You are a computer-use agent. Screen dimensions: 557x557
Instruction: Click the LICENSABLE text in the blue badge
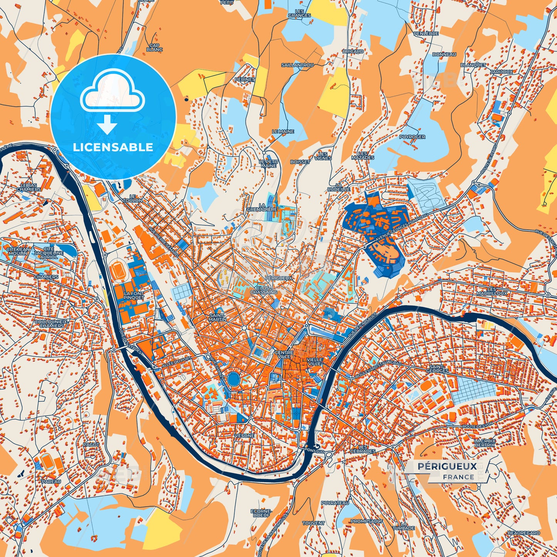pos(113,147)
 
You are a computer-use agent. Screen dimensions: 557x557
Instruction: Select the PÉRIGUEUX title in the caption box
pos(447,466)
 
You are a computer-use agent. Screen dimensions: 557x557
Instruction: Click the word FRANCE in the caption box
pos(458,477)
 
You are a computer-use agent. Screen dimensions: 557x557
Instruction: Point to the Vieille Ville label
pos(314,362)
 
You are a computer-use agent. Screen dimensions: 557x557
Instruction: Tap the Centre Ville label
pos(283,354)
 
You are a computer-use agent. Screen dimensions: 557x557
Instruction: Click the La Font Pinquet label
pos(133,296)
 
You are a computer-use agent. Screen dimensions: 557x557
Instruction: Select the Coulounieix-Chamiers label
pos(52,323)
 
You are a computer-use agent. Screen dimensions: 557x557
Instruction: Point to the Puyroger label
pos(412,137)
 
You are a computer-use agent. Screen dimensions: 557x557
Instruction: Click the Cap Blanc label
pos(155,47)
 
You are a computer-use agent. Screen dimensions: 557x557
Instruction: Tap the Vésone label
pos(244,435)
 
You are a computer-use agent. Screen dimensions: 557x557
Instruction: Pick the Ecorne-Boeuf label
pos(261,513)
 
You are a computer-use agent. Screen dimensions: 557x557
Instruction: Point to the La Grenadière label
pos(268,207)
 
